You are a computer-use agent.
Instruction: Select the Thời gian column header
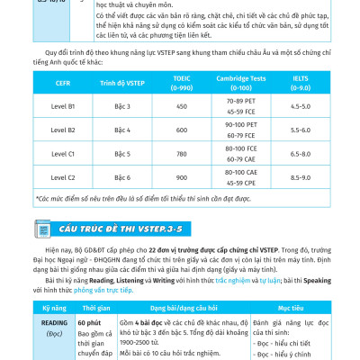94,307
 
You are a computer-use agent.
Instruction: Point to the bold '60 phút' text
89,321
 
